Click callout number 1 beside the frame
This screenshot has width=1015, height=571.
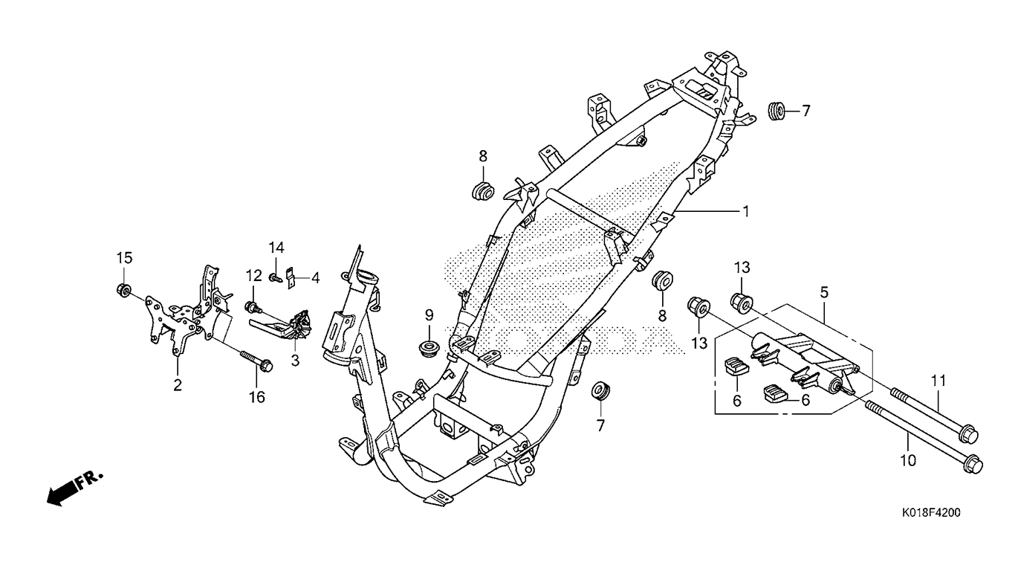coord(745,211)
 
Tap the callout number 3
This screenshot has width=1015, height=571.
coord(295,361)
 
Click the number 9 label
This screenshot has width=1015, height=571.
coord(429,315)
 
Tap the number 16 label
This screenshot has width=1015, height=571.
coord(256,397)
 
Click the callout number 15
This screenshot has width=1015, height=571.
coord(123,258)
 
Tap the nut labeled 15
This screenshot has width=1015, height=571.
coord(124,289)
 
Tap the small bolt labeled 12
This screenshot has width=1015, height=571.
coord(252,306)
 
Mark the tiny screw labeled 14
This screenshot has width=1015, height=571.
coord(275,278)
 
